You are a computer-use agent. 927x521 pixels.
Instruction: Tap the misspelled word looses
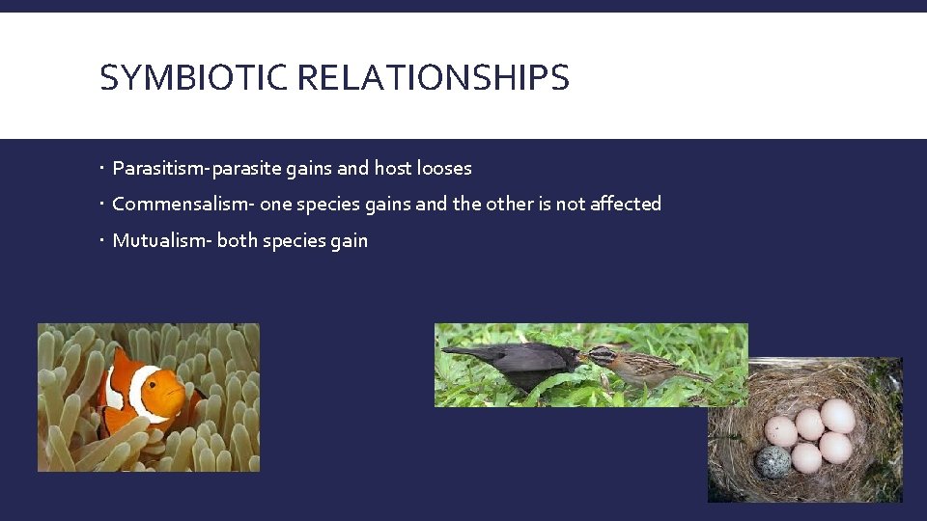444,169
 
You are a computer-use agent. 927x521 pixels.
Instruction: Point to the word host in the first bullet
393,169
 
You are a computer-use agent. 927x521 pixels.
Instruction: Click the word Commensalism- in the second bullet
183,205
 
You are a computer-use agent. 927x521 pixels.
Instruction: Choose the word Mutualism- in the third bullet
161,241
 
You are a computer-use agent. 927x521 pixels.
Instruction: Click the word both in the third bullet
237,241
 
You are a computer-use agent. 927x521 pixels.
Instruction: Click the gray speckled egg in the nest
773,460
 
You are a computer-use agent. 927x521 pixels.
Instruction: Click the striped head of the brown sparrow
600,356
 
